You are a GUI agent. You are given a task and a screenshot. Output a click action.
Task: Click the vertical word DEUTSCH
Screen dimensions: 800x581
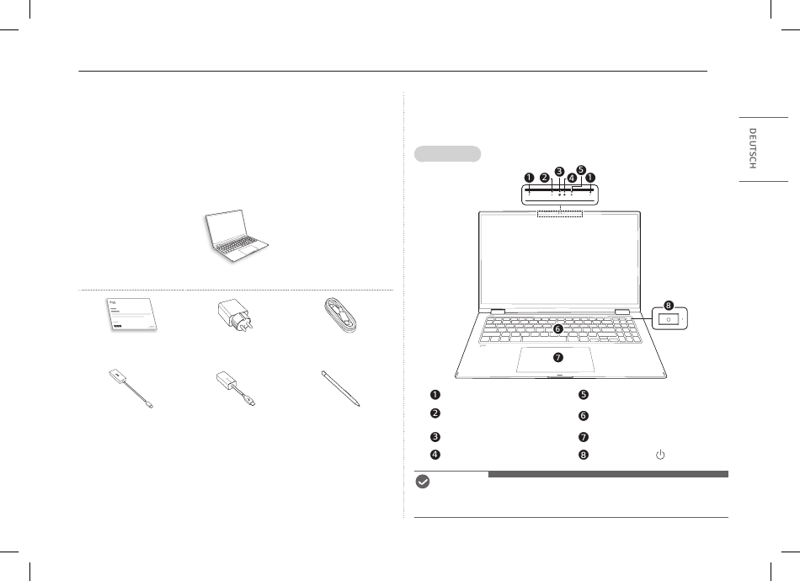752,148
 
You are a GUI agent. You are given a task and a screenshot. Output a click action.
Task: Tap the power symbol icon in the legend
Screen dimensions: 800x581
660,455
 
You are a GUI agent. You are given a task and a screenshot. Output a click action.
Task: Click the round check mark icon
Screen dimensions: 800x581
423,482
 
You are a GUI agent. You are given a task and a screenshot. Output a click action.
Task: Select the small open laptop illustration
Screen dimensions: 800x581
237,236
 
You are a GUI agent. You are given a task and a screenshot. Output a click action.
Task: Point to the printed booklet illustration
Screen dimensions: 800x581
131,314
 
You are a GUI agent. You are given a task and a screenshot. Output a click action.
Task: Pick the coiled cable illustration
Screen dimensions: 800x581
342,317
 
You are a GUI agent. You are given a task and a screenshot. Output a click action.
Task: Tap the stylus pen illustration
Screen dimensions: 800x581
341,389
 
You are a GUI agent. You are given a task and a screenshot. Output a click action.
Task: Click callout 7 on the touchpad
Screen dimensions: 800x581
558,357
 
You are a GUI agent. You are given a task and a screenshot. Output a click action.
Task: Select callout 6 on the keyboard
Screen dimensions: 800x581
557,329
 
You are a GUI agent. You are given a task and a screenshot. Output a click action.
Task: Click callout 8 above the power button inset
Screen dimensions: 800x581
669,306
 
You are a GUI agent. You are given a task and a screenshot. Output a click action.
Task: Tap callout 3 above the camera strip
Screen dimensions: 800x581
559,172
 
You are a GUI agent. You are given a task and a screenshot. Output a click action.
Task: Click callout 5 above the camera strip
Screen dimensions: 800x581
580,170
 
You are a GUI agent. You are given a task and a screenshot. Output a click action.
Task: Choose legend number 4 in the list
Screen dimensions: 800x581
435,455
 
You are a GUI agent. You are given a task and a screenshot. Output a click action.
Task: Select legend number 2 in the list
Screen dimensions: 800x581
435,413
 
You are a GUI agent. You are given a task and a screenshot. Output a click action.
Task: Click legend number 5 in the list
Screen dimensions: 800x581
584,395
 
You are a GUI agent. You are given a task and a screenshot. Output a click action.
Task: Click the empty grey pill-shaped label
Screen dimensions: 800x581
447,154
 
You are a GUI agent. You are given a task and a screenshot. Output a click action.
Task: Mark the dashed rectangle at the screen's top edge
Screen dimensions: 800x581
560,214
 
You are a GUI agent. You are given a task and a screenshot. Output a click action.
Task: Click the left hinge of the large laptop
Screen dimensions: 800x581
498,312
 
